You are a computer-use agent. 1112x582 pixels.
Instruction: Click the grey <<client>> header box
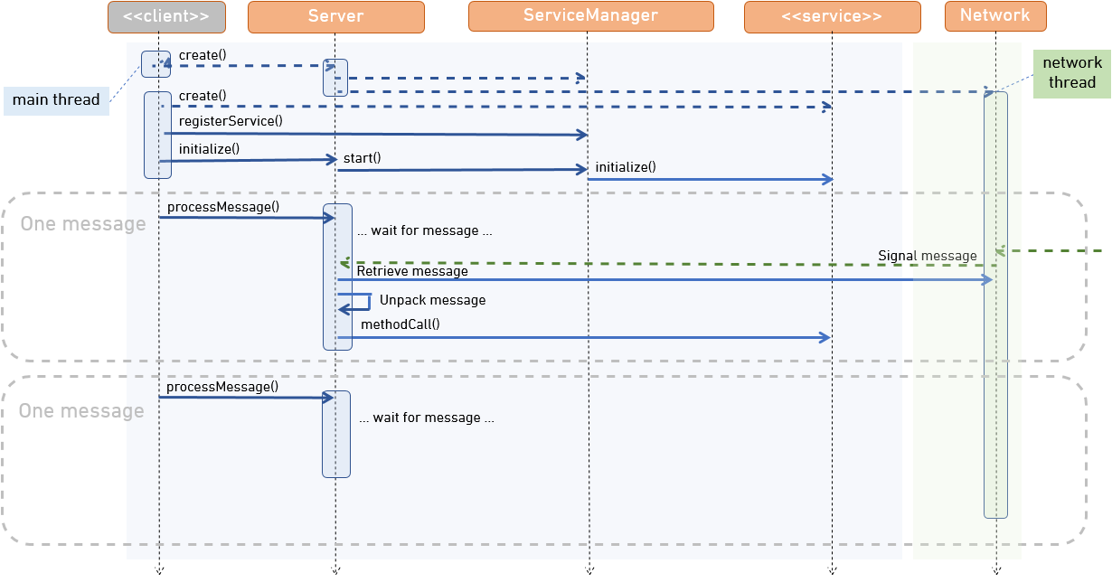tap(166, 16)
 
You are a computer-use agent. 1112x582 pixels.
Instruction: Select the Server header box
tap(335, 16)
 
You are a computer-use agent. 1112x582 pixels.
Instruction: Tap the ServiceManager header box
tap(590, 16)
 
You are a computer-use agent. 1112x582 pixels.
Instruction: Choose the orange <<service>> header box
tap(832, 16)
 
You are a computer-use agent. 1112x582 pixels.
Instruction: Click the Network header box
tap(994, 16)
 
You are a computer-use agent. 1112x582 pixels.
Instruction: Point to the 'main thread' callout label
tap(56, 100)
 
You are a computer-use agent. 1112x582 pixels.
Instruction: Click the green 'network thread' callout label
tap(1071, 72)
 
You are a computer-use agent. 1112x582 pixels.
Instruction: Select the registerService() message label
tap(231, 120)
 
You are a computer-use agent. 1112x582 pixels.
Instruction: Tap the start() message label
tap(362, 158)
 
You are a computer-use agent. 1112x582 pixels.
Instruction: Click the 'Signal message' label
tap(927, 256)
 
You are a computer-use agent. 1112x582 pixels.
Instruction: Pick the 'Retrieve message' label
tap(412, 271)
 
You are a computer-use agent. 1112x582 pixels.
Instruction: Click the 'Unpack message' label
tap(432, 300)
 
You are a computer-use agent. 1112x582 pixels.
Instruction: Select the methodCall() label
tap(400, 324)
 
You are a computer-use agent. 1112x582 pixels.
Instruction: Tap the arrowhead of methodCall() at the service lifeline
tap(825, 337)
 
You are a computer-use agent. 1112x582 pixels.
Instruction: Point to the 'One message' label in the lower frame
tap(81, 411)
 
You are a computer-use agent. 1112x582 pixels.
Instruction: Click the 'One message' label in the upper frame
tap(83, 224)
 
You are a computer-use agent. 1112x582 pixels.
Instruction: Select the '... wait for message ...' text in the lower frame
tap(426, 418)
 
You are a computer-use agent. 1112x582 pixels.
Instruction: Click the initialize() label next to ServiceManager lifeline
tap(625, 167)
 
